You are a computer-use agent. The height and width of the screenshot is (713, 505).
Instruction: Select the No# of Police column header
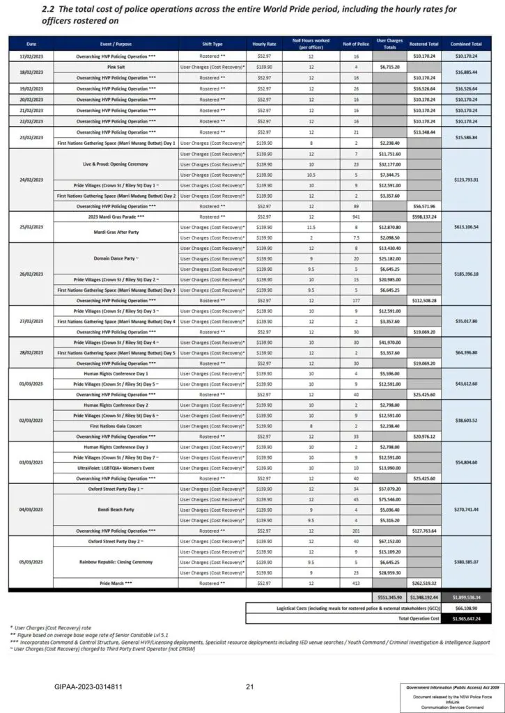[x=350, y=44]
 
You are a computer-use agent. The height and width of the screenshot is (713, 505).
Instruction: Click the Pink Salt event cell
[x=116, y=67]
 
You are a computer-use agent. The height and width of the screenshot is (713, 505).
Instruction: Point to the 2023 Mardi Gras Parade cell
[x=116, y=217]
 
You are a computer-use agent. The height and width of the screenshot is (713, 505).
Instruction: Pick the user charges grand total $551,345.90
[x=387, y=597]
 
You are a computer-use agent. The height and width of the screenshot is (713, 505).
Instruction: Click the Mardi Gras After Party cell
[x=116, y=232]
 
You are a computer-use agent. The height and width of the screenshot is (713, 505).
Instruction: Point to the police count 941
[x=350, y=217]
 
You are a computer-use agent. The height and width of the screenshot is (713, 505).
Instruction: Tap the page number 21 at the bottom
[x=249, y=687]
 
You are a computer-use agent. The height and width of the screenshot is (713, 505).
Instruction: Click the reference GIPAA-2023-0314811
[x=88, y=687]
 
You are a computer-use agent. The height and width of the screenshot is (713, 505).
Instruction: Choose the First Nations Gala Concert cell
[x=116, y=425]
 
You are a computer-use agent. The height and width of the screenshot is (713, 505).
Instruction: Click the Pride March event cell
[x=116, y=582]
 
